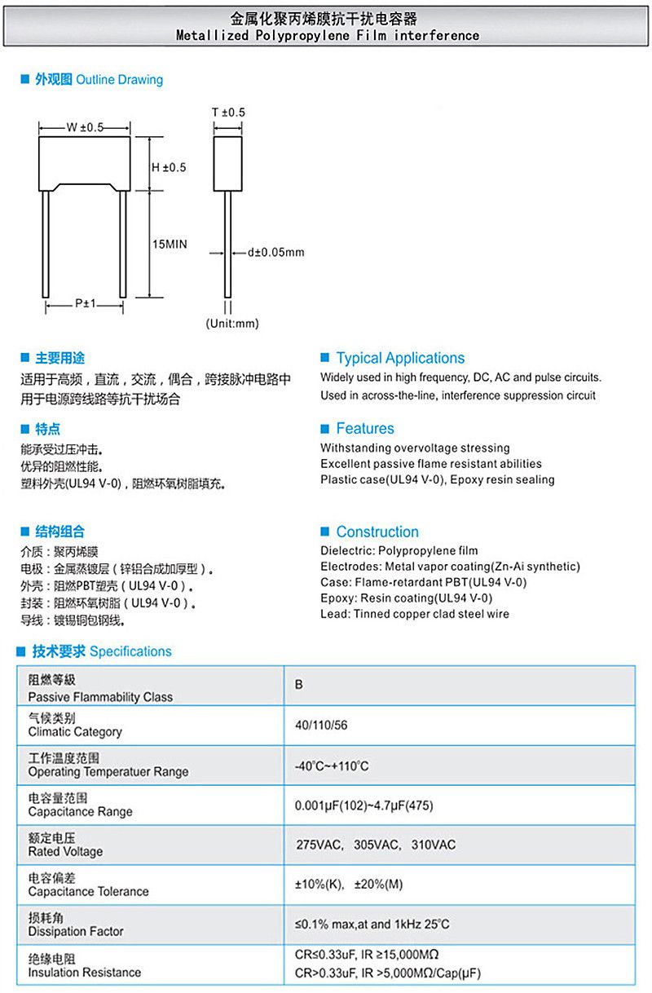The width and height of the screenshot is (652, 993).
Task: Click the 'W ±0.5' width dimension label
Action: (85, 127)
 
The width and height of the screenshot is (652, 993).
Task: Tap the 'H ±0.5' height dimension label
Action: (169, 167)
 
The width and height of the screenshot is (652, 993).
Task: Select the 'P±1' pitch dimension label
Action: (86, 303)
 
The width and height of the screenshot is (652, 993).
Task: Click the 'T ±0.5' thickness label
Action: (228, 112)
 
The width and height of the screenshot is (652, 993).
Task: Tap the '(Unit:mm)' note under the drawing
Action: (231, 323)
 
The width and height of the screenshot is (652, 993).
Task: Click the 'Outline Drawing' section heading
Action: (119, 80)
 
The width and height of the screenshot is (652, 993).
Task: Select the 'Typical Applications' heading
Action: (400, 358)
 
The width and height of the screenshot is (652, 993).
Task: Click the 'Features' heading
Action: (365, 429)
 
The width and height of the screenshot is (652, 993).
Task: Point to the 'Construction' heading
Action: (377, 532)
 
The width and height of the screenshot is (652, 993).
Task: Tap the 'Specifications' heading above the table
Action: (130, 651)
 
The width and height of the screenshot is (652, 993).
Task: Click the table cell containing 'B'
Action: (299, 685)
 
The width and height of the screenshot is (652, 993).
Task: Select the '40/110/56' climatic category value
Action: (321, 725)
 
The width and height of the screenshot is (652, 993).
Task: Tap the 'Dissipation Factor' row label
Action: (76, 931)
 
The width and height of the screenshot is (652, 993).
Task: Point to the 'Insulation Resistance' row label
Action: (84, 972)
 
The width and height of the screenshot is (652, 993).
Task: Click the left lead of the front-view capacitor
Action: (48, 244)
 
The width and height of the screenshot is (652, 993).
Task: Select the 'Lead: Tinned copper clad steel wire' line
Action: (415, 614)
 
